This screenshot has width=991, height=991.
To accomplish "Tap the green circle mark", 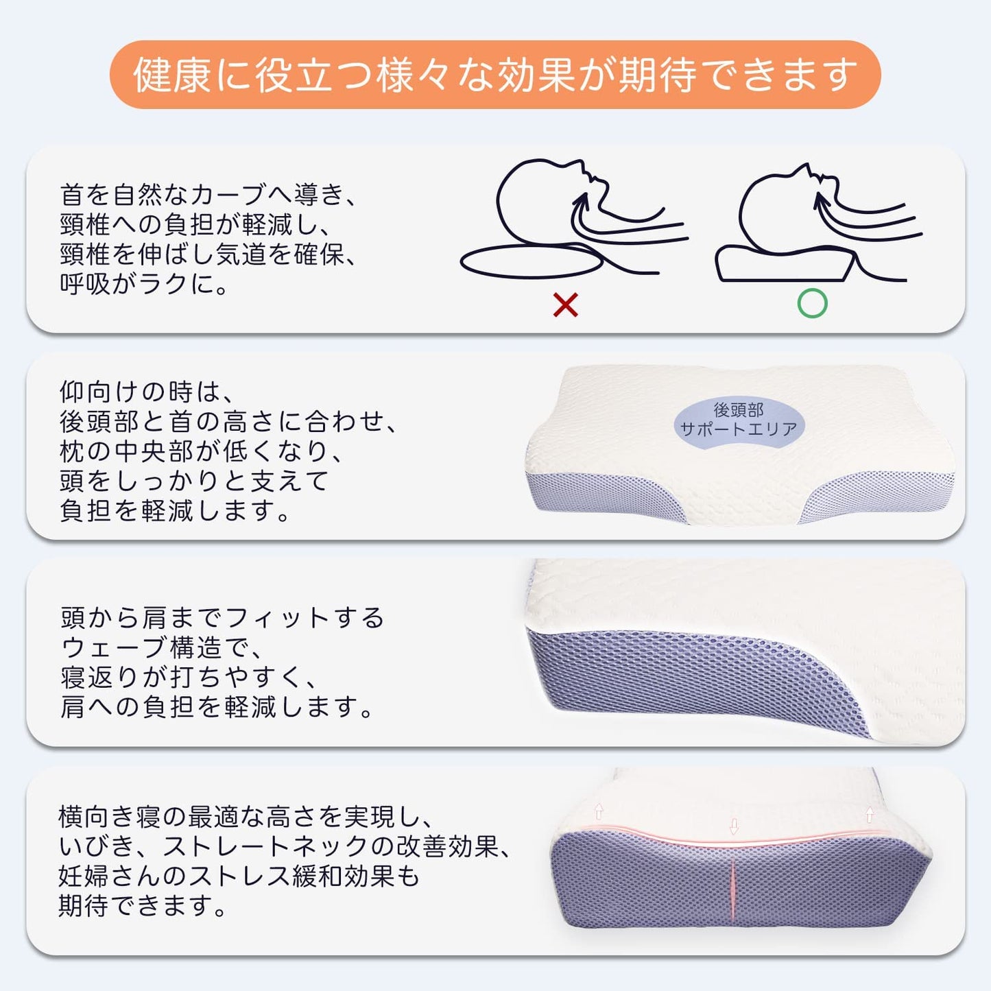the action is [812, 303].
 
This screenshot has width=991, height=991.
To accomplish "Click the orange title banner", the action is [494, 75].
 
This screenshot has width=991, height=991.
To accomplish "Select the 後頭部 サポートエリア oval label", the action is [739, 420].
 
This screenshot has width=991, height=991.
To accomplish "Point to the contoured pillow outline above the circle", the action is [720, 267].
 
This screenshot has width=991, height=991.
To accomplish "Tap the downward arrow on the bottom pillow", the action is [734, 826].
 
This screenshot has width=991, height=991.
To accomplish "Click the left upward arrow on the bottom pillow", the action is [599, 811].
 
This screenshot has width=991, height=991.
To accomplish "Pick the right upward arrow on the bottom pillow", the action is [870, 814].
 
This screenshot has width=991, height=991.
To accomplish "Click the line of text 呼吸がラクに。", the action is [143, 283].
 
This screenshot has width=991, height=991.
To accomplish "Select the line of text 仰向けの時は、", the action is [147, 392].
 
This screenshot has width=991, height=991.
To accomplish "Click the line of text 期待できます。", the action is [143, 906].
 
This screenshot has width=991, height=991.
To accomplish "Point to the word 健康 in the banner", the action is [172, 75].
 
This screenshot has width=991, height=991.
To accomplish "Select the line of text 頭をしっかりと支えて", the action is [193, 481].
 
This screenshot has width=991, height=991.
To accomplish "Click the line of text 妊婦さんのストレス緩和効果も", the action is [239, 876].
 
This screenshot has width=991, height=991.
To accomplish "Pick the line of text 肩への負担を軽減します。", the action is [216, 706].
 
